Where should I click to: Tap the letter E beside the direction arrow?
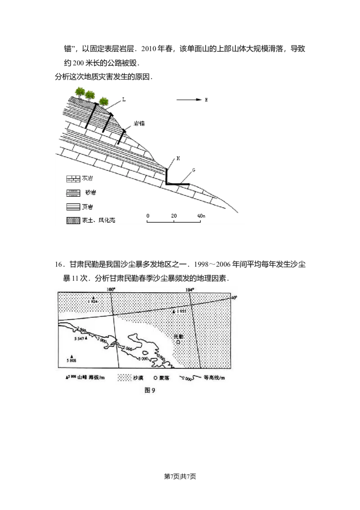tap(206, 100)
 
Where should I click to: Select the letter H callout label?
tap(179, 158)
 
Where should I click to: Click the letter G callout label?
tap(193, 170)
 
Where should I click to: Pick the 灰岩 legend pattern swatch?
tap(72, 178)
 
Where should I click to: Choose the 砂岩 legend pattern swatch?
tap(72, 192)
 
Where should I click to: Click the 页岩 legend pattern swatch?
tap(72, 207)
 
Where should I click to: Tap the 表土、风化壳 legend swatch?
tap(72, 221)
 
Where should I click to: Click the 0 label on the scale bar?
tap(148, 216)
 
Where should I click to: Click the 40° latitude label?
tap(234, 298)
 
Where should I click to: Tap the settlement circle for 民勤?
tap(178, 343)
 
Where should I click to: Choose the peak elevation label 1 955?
tap(180, 311)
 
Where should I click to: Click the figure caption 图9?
tap(150, 390)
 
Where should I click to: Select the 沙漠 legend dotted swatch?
tap(126, 379)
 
